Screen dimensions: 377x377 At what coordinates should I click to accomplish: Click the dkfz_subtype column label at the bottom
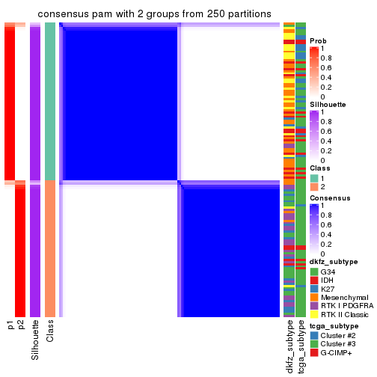point(289,346)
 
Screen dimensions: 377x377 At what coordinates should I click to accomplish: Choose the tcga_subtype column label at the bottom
point(301,346)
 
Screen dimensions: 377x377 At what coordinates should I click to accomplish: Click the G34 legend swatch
point(314,271)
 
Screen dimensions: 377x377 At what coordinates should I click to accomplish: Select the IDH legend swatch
point(314,280)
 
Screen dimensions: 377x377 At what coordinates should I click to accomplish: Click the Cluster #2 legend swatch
point(314,336)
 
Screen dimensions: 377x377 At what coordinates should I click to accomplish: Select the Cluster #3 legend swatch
point(314,345)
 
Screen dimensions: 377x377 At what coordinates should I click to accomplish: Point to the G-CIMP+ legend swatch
point(314,354)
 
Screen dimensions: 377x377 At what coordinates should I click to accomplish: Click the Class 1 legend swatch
point(314,178)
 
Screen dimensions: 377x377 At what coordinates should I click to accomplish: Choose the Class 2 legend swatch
point(314,187)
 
